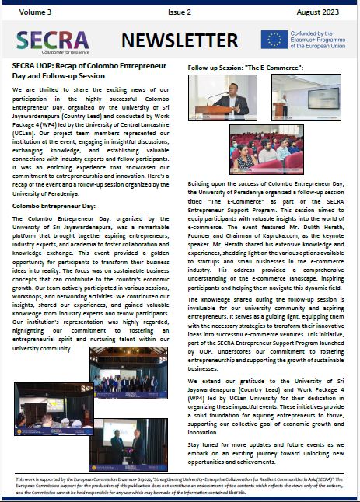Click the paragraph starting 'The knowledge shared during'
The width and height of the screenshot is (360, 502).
pyautogui.click(x=264, y=361)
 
